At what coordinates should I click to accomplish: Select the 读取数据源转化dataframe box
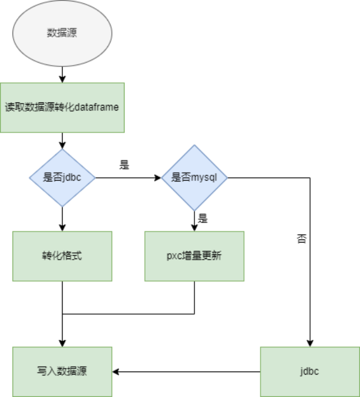62,107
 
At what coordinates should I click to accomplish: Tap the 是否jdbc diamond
62,177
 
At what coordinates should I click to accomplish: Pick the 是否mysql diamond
194,177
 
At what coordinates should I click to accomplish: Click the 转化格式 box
62,256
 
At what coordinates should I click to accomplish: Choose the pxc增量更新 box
194,256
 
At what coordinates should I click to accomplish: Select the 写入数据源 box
62,371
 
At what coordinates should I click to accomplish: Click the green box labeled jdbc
310,371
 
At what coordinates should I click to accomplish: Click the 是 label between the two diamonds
124,165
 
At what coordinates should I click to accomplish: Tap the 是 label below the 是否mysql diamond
202,218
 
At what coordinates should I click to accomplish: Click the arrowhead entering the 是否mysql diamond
157,177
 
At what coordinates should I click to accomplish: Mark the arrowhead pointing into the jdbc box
310,343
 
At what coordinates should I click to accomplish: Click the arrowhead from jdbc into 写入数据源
116,371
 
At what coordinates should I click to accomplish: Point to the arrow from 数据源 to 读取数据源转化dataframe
62,74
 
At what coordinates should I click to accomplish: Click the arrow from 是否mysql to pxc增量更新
194,220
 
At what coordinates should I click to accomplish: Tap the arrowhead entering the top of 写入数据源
62,343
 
